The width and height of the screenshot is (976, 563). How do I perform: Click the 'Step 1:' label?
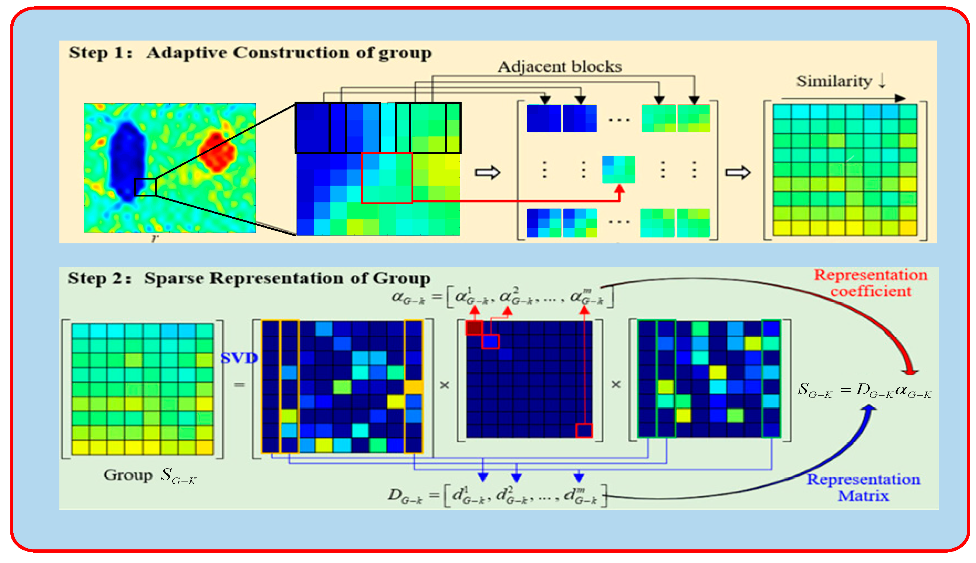(101, 53)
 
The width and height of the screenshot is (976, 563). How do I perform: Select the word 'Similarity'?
(834, 81)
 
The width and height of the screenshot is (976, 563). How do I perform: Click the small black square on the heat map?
(145, 187)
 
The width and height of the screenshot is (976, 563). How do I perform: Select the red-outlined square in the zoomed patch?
(387, 178)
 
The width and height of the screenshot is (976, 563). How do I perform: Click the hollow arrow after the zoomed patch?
(487, 173)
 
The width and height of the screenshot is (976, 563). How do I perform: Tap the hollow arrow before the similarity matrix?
(737, 173)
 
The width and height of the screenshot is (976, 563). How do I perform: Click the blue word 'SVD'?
(239, 358)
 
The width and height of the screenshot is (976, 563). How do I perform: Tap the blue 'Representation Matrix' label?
(863, 487)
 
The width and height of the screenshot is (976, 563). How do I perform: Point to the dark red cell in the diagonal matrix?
(474, 328)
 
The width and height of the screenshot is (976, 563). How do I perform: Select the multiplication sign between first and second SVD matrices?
(445, 385)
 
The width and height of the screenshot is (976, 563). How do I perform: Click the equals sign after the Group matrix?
(239, 385)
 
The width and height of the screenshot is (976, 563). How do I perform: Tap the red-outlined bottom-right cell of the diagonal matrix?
(584, 431)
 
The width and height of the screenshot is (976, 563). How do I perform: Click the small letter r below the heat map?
(154, 238)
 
